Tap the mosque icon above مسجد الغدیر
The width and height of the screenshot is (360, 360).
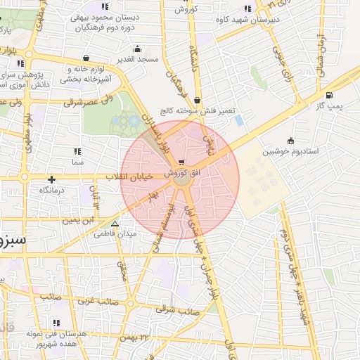137,49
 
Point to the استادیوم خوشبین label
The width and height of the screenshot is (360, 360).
290,151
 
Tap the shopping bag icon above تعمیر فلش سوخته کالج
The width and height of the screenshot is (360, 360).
196,101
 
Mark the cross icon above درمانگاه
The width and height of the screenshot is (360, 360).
51,180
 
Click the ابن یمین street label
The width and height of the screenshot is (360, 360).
77,221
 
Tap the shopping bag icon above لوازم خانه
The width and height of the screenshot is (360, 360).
86,58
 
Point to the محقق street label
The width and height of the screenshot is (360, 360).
121,269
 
